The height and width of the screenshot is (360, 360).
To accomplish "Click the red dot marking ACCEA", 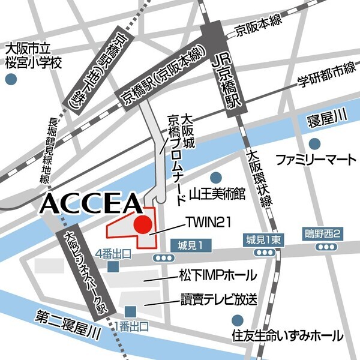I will point(143,226).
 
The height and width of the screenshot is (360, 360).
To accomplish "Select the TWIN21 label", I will point(206,223).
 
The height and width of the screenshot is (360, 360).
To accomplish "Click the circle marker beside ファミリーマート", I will point(315,143).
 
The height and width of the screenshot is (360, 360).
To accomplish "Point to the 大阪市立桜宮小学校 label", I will point(33,55).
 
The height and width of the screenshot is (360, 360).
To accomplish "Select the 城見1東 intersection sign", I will point(262,240).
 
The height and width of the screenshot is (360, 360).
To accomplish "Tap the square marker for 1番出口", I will point(130,311).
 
